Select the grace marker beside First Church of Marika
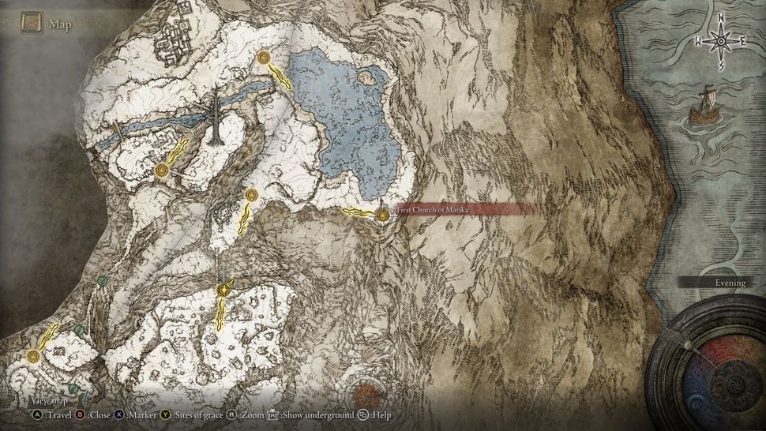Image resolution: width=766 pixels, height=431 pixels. tap(384, 214)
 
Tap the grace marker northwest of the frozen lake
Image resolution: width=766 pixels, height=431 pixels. tap(262, 57)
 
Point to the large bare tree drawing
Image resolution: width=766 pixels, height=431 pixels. tap(215, 118)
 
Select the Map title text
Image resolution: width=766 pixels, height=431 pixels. tap(60, 24)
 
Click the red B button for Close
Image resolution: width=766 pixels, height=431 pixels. tap(81, 414)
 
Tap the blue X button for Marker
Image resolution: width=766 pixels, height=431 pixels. tap(119, 414)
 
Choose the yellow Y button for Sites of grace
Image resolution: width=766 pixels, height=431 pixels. tap(166, 414)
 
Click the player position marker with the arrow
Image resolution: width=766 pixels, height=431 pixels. tap(225, 290)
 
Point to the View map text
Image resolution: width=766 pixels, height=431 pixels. tap(49, 401)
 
